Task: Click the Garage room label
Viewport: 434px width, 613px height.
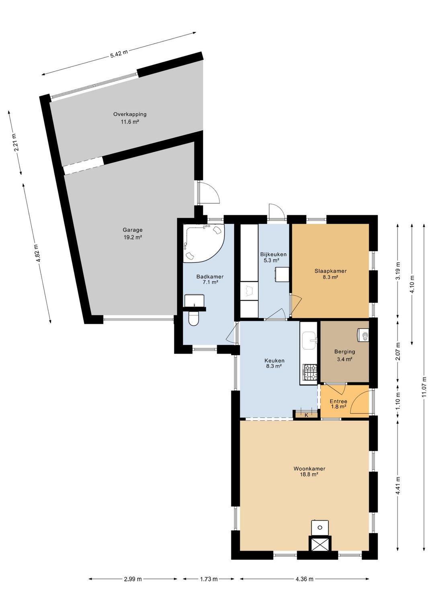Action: tap(133, 230)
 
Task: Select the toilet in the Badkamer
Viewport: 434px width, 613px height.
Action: tap(194, 319)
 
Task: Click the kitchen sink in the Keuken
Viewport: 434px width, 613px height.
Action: tap(309, 340)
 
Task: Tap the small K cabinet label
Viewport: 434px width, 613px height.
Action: tap(306, 415)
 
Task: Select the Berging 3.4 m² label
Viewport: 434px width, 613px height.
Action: tap(344, 356)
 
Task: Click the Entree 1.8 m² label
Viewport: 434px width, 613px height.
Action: tap(338, 404)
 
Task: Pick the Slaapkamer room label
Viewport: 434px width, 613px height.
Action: tap(330, 271)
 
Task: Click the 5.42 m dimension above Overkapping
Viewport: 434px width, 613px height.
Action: tap(119, 54)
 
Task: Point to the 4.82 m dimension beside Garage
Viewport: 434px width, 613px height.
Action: tap(37, 253)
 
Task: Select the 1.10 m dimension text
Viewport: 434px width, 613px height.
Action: tap(398, 401)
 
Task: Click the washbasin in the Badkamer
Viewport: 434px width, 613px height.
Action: tap(194, 301)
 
